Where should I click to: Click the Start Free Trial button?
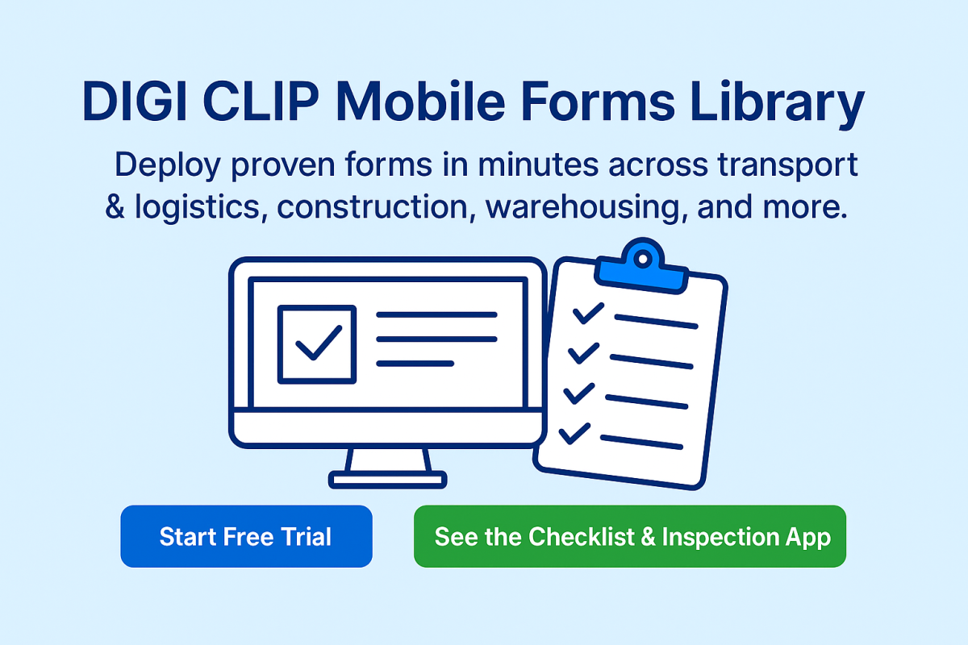click(x=246, y=537)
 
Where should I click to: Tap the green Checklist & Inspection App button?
click(x=630, y=537)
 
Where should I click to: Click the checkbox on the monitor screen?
click(x=316, y=343)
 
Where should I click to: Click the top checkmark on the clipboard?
click(x=587, y=313)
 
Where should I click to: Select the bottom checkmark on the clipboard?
click(x=576, y=433)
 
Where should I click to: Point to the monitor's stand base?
click(x=387, y=480)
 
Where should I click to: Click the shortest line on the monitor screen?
click(x=415, y=364)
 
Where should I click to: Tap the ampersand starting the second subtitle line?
click(x=116, y=208)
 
